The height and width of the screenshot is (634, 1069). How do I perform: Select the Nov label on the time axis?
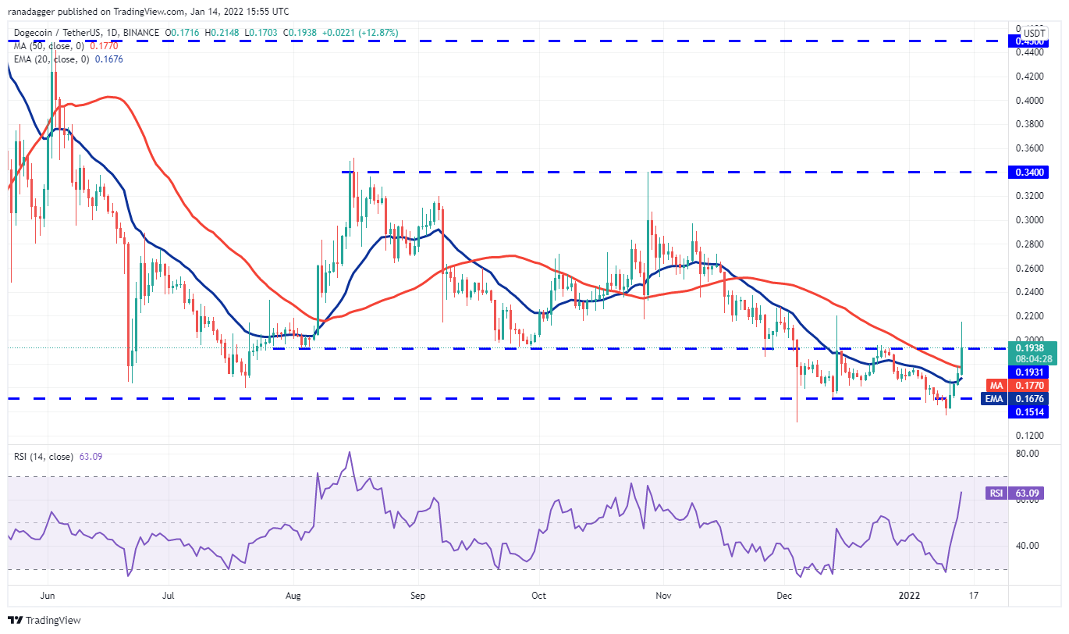pyautogui.click(x=664, y=596)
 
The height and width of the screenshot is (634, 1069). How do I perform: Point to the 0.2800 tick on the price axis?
pyautogui.click(x=1031, y=244)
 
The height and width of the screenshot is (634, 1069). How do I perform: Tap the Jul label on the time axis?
pyautogui.click(x=168, y=596)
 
